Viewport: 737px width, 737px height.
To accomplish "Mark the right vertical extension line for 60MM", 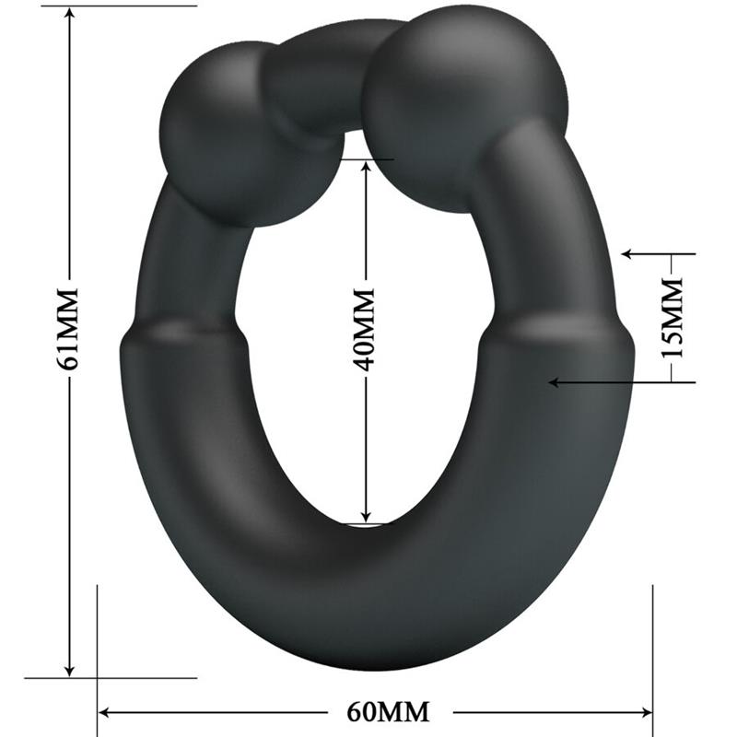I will [x=652, y=645].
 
